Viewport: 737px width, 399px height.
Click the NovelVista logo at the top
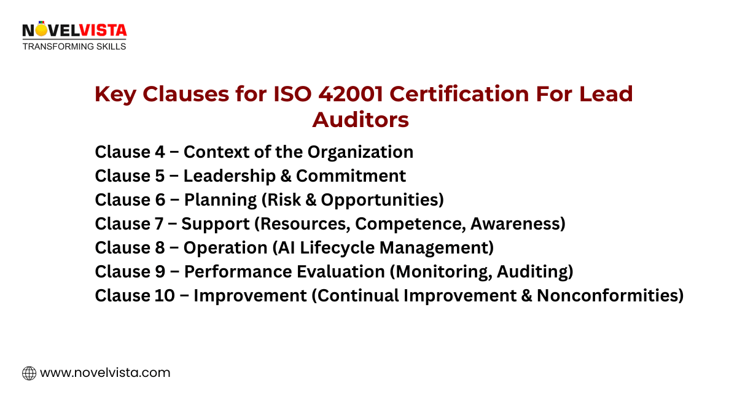point(74,30)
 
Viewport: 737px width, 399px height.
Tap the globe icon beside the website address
point(29,373)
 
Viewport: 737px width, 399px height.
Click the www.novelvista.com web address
point(104,373)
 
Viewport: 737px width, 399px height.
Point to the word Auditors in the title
point(360,120)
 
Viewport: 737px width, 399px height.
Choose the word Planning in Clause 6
point(220,200)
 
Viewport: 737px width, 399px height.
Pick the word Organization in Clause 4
point(361,152)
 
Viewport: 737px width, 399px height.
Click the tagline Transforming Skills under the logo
point(74,46)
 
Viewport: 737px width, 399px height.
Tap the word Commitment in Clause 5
point(351,176)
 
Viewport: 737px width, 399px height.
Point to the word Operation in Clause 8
point(225,248)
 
